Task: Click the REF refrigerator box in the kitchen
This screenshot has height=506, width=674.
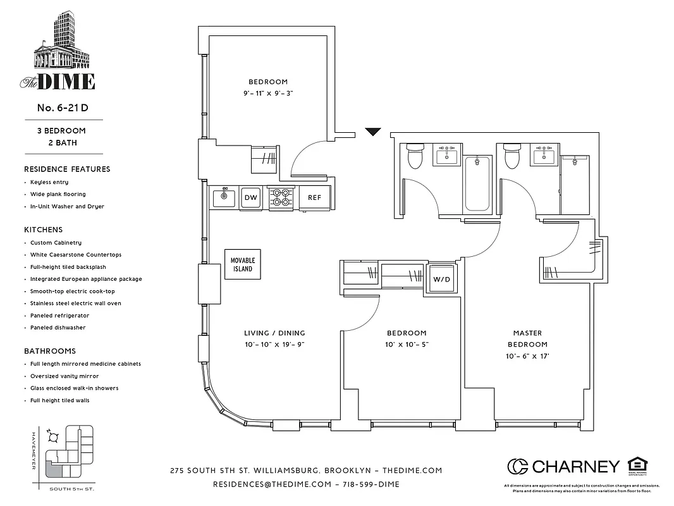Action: pyautogui.click(x=314, y=197)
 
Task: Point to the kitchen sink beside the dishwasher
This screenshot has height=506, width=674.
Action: pyautogui.click(x=223, y=197)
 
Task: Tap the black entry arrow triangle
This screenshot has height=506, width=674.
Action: pyautogui.click(x=374, y=132)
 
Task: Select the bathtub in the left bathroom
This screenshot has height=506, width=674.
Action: pyautogui.click(x=477, y=183)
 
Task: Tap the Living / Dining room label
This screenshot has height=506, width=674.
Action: pyautogui.click(x=274, y=333)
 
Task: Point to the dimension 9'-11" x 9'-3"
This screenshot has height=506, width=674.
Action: pyautogui.click(x=267, y=93)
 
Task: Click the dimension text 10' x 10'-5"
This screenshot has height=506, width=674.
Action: pyautogui.click(x=407, y=345)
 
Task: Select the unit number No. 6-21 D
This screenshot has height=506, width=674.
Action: pyautogui.click(x=62, y=108)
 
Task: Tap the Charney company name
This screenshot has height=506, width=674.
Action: pyautogui.click(x=575, y=467)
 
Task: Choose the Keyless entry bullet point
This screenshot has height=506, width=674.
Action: pyautogui.click(x=49, y=182)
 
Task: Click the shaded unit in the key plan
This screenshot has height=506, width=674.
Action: pyautogui.click(x=56, y=471)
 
